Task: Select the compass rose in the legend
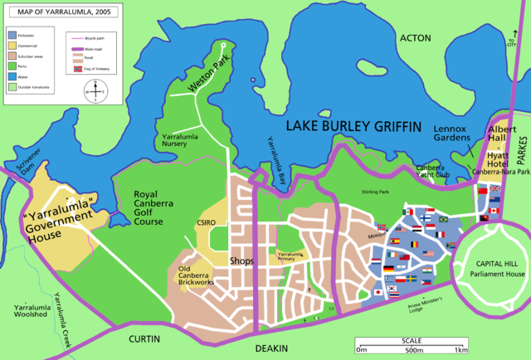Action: pyautogui.click(x=95, y=90)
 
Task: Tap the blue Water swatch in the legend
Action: pyautogui.click(x=12, y=75)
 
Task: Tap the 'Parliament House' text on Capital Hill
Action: pyautogui.click(x=497, y=273)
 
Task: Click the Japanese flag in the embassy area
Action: pyautogui.click(x=379, y=291)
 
